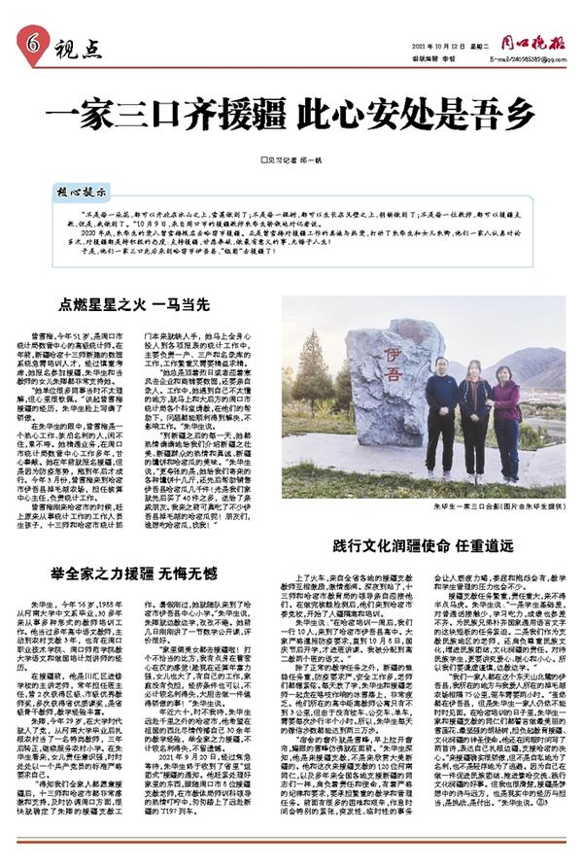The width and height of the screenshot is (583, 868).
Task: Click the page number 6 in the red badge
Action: point(30,42)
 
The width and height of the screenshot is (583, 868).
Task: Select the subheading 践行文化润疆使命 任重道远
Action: point(435,545)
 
